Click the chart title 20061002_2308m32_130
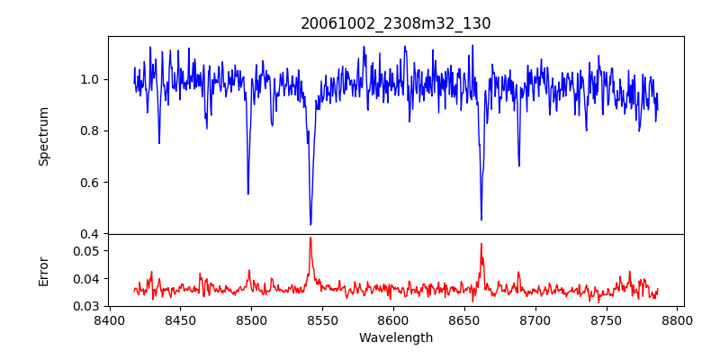tap(396, 23)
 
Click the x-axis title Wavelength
tap(396, 337)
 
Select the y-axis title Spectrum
tap(43, 136)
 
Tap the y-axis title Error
tap(43, 270)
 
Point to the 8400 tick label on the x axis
tap(109, 319)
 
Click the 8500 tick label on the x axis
tap(251, 319)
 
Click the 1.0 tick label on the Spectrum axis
tap(90, 79)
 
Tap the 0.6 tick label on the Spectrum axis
tap(90, 183)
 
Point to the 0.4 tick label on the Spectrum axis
tap(90, 234)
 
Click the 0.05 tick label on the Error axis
tap(86, 251)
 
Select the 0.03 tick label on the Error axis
tap(86, 306)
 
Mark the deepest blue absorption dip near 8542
tap(310, 224)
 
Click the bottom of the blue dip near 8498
tap(248, 193)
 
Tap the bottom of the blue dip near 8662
tap(481, 220)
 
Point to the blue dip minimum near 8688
tap(518, 166)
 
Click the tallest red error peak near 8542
tap(310, 238)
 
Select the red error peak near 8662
tap(481, 244)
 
